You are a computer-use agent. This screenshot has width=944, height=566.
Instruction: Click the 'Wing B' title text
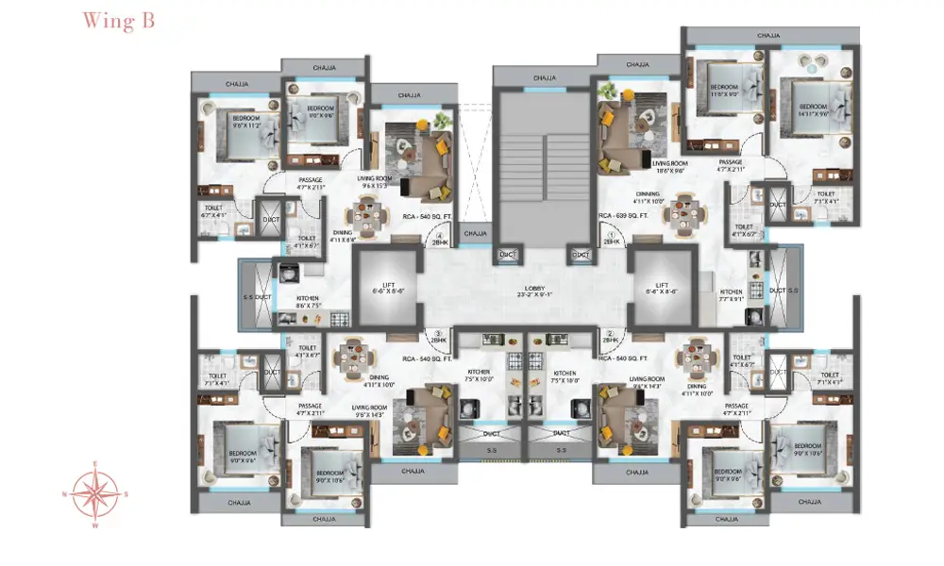click(117, 22)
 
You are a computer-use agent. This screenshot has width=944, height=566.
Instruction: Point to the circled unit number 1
click(611, 234)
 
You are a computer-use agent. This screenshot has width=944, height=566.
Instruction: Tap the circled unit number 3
click(438, 333)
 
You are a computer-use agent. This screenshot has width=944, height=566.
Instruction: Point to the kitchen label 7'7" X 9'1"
click(732, 296)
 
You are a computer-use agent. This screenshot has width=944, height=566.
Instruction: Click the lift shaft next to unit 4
click(386, 287)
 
